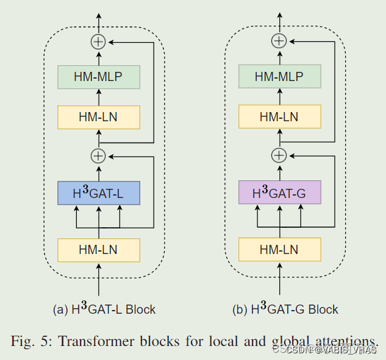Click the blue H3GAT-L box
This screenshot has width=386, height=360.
(99, 192)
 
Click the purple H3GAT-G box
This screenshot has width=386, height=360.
(279, 192)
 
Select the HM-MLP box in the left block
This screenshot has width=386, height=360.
(99, 77)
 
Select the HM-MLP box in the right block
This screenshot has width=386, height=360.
(279, 77)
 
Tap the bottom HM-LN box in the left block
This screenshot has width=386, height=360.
(99, 250)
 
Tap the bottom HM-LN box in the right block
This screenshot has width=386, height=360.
(279, 250)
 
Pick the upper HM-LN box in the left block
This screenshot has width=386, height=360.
(99, 117)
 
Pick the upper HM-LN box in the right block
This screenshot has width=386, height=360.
(279, 117)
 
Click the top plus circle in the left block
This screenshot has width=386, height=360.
(98, 41)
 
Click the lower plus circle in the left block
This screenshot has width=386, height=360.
(98, 156)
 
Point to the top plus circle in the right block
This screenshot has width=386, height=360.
(279, 41)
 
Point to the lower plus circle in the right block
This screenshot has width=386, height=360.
(279, 156)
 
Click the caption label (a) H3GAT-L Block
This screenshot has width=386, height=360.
(104, 309)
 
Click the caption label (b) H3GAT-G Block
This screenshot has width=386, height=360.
(285, 309)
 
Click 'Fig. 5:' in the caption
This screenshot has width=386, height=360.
(32, 341)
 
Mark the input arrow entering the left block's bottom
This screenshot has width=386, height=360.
(99, 280)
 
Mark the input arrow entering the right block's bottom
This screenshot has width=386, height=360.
(279, 280)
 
